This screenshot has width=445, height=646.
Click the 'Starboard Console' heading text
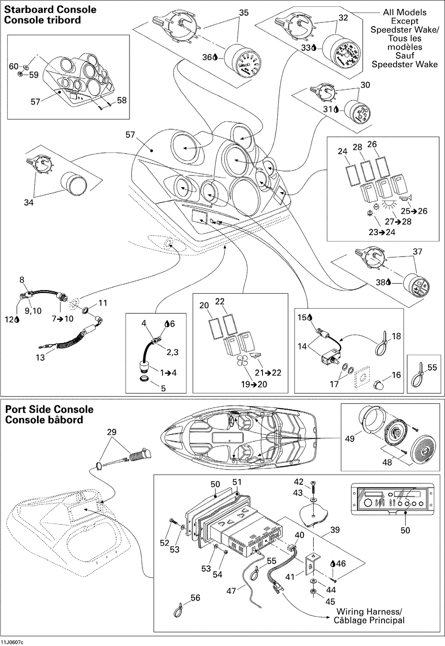(50, 10)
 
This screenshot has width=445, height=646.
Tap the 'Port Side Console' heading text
(49, 409)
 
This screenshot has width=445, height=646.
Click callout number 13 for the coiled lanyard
(40, 357)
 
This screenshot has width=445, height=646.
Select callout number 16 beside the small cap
(396, 376)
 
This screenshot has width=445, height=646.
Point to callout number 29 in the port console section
(112, 432)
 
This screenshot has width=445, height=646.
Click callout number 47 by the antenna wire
(231, 591)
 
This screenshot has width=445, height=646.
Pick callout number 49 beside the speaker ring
(350, 439)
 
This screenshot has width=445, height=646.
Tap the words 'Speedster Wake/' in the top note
(398, 30)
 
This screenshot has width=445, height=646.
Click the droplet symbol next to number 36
(216, 57)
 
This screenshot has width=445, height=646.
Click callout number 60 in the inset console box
(14, 66)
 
